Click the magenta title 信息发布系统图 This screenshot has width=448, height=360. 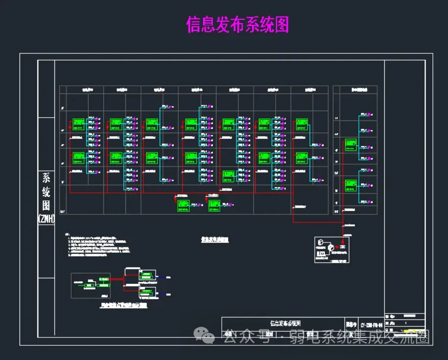[x=237, y=24]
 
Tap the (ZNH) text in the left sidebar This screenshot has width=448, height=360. [x=46, y=219]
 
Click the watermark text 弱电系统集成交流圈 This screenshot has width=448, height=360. [x=359, y=337]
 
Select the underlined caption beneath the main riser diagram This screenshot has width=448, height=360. [x=215, y=240]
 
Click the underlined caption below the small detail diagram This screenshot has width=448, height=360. [x=123, y=305]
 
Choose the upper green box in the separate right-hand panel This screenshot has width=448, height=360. [x=351, y=144]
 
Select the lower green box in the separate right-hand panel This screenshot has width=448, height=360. [x=351, y=186]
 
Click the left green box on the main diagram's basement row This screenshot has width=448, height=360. [x=184, y=205]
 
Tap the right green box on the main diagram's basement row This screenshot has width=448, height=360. [x=214, y=205]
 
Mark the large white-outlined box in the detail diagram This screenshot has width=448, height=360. [x=91, y=286]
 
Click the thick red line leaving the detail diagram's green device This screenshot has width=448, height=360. [x=117, y=280]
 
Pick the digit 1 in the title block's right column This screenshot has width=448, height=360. [x=405, y=324]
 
